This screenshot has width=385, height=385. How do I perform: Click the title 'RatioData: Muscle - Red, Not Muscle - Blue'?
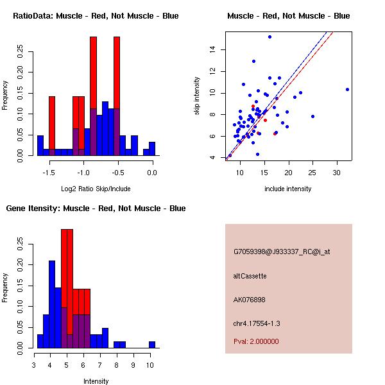(x=96, y=15)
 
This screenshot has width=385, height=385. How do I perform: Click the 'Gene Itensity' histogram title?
(x=96, y=208)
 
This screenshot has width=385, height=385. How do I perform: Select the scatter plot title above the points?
(x=289, y=15)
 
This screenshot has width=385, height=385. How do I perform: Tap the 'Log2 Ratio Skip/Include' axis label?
(x=96, y=189)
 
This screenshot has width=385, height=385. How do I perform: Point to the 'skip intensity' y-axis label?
(x=197, y=96)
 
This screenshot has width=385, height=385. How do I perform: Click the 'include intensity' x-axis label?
(x=288, y=189)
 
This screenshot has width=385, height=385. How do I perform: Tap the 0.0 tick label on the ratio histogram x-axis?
(x=152, y=173)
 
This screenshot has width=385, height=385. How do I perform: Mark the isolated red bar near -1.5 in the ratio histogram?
(x=52, y=125)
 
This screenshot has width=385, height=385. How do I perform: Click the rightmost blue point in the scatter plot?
(x=347, y=89)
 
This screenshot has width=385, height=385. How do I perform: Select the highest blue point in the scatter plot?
(x=269, y=37)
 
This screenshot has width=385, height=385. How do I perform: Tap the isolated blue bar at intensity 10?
(x=152, y=345)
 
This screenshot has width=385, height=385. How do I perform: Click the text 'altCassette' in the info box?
(x=250, y=276)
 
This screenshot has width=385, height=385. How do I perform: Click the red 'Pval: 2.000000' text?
(x=256, y=341)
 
